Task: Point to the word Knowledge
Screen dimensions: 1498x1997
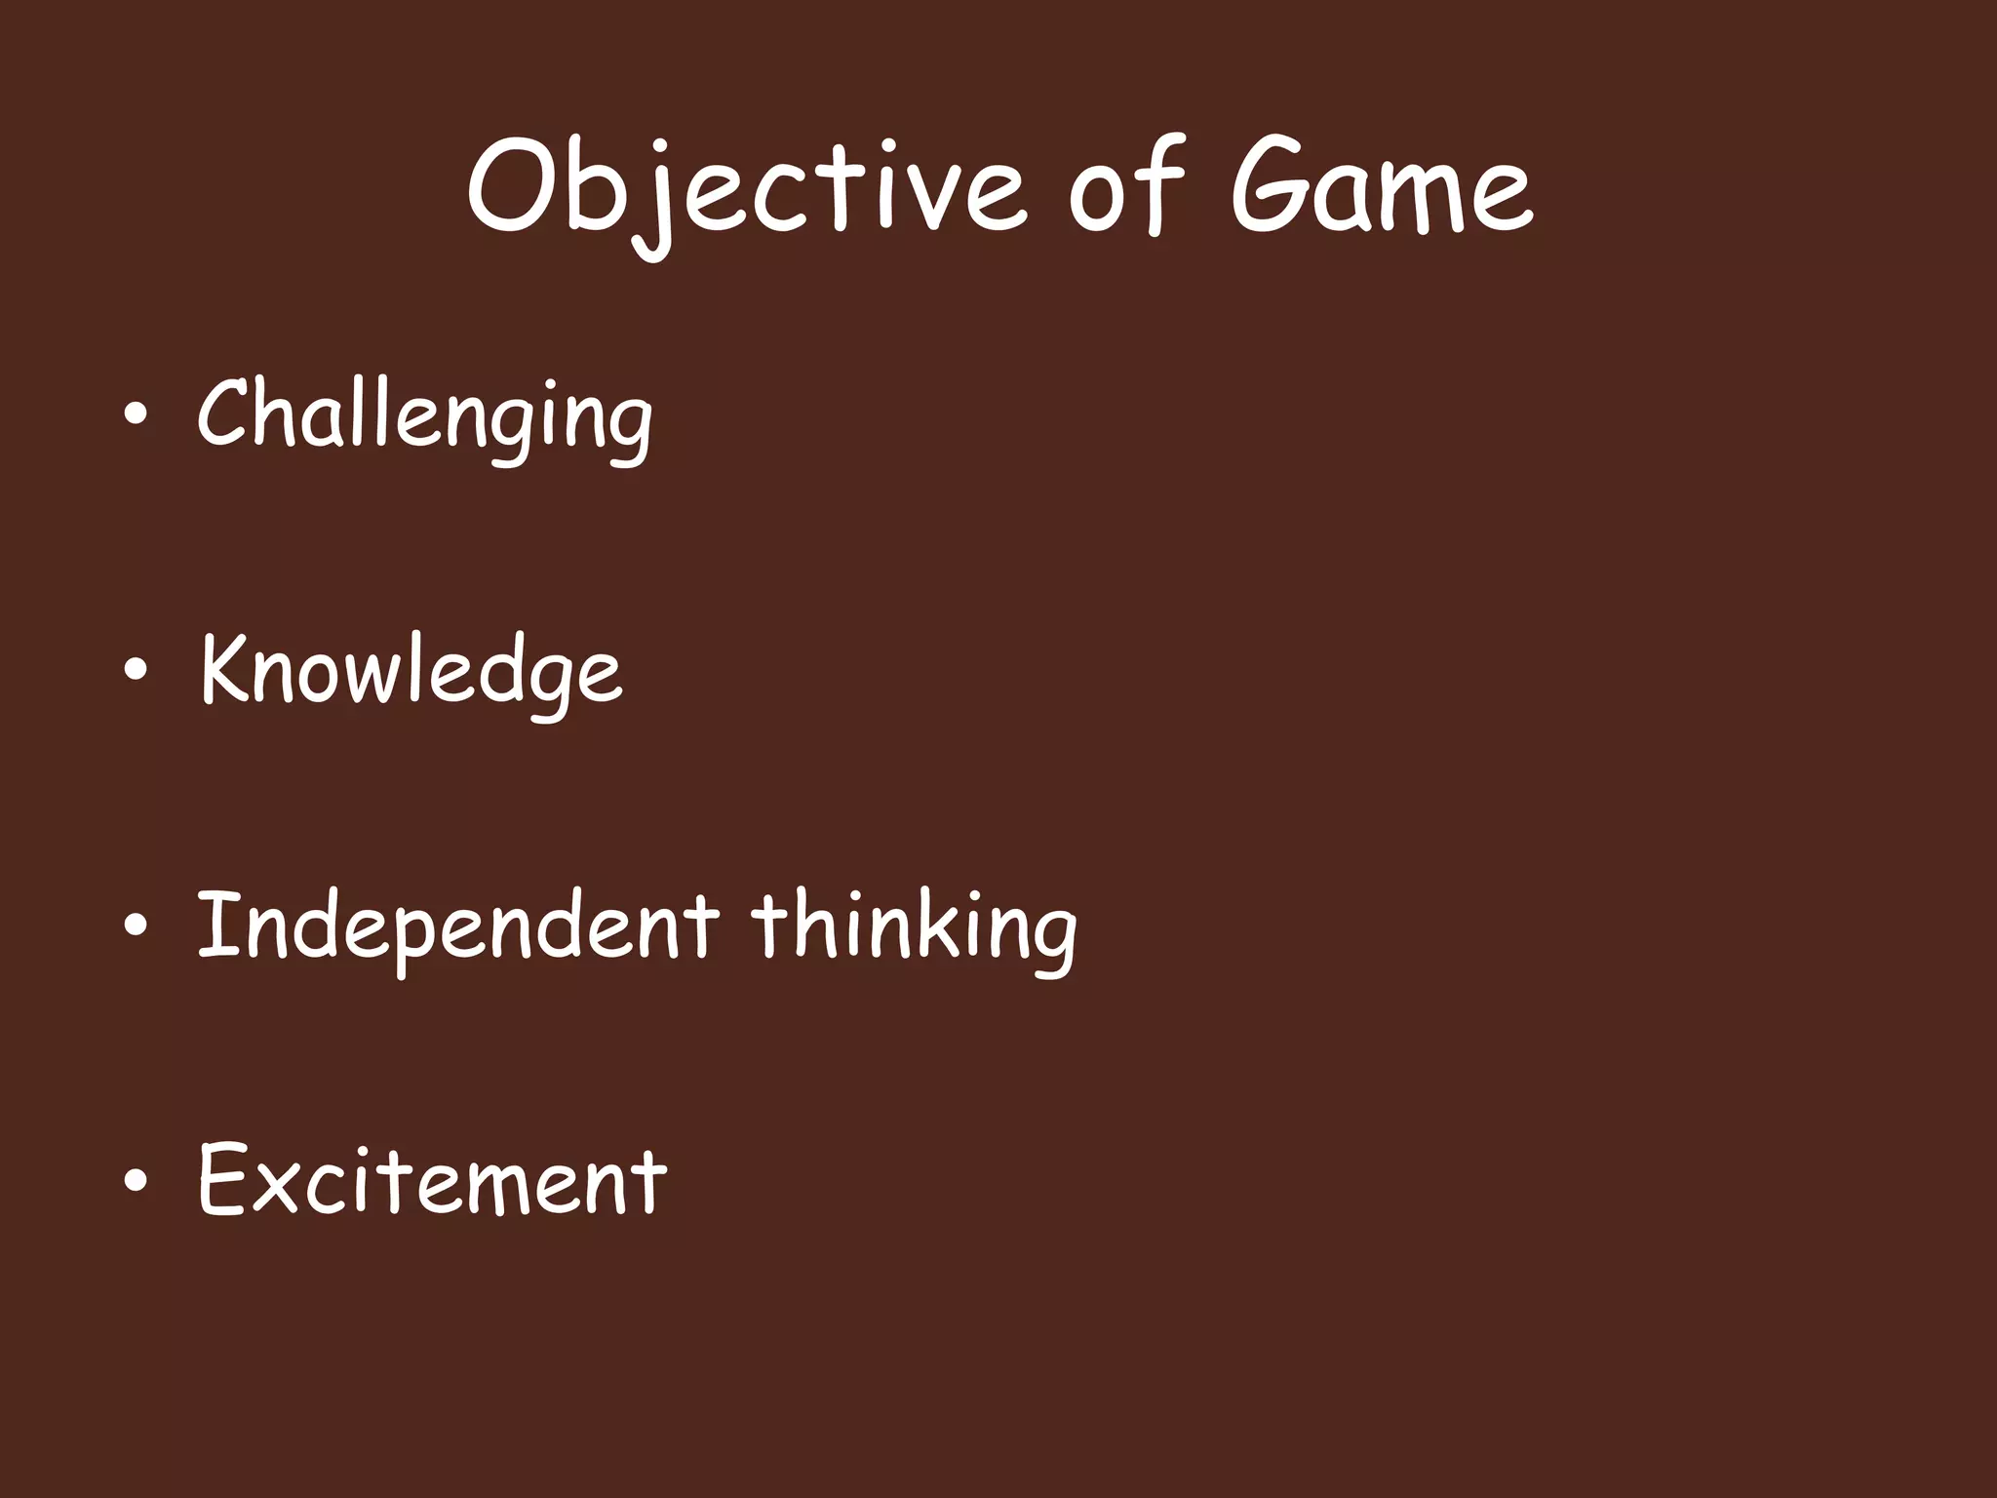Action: pos(411,670)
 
